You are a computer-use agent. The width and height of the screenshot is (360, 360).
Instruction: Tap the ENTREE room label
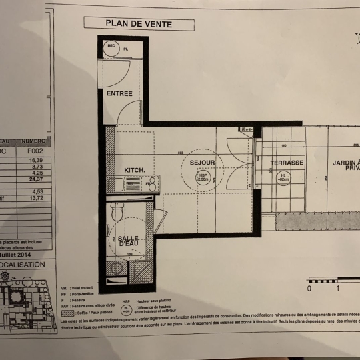(x=119, y=93)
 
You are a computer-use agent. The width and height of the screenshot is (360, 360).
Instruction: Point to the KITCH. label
(x=135, y=170)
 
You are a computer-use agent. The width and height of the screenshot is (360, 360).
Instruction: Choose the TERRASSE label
(x=287, y=163)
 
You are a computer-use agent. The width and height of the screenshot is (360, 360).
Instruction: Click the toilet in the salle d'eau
(x=117, y=213)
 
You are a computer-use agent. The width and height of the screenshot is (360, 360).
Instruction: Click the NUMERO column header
(x=33, y=141)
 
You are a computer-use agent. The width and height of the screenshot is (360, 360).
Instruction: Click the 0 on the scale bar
(x=309, y=289)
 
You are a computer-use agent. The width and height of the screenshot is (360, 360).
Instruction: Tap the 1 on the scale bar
(x=338, y=289)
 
